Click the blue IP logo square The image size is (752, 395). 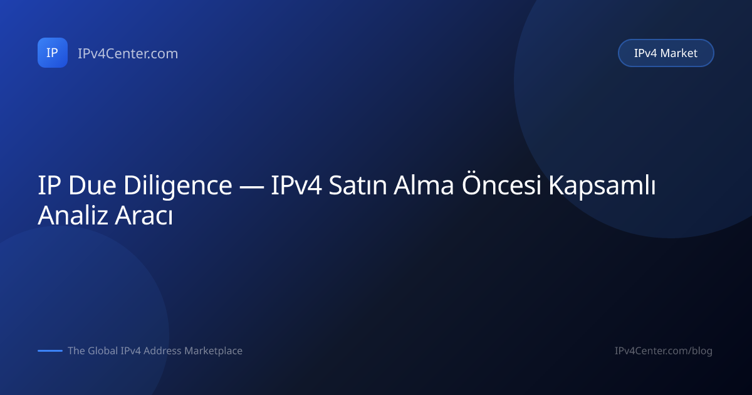click(53, 53)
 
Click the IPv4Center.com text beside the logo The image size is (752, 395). click(128, 53)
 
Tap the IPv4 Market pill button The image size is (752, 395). click(666, 53)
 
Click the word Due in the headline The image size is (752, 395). click(92, 185)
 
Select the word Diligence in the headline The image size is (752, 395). click(178, 186)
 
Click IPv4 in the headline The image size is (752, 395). click(296, 185)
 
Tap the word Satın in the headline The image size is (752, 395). click(358, 185)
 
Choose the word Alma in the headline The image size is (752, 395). click(424, 185)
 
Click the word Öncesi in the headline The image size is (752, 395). click(501, 184)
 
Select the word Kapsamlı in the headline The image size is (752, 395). click(602, 186)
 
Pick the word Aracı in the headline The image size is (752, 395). click(144, 215)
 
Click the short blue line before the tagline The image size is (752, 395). click(50, 350)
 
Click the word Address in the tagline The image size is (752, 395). click(162, 350)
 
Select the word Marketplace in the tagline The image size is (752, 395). click(214, 351)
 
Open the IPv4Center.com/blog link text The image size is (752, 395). click(664, 351)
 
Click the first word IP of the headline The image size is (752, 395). click(50, 185)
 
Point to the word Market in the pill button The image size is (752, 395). click(682, 53)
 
